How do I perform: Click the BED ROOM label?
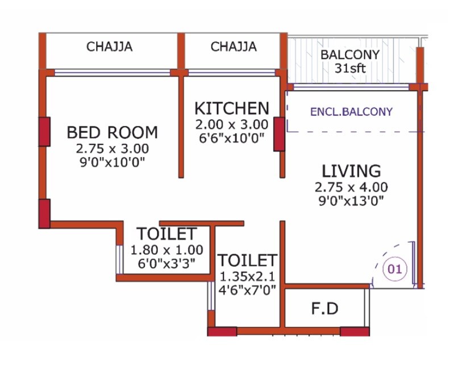click(112, 133)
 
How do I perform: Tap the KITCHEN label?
click(231, 108)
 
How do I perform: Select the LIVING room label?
click(351, 171)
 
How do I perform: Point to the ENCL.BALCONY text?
click(351, 112)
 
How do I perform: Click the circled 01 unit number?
click(394, 269)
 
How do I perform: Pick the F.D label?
click(325, 309)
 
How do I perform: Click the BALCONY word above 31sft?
click(350, 56)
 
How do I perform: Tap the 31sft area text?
click(351, 69)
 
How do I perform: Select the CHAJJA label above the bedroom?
click(110, 47)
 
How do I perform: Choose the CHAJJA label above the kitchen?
click(234, 47)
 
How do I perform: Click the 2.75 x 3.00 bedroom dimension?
click(112, 149)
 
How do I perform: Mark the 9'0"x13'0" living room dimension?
click(351, 200)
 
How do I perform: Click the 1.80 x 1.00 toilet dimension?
click(166, 250)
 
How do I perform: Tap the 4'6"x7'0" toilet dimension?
click(248, 290)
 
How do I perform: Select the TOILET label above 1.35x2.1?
click(248, 261)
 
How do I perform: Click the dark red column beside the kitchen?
click(279, 134)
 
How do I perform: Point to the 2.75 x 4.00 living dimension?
click(351, 187)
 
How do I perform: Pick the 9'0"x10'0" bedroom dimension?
click(112, 162)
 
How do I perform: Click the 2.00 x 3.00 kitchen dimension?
click(231, 124)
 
